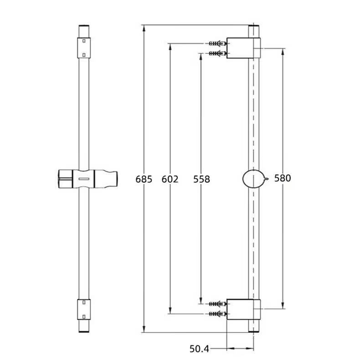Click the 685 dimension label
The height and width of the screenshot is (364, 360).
[144, 179]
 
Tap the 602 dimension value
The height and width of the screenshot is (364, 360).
[170, 179]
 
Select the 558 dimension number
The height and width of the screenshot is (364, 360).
[201, 179]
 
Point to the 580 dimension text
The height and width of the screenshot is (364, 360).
[283, 178]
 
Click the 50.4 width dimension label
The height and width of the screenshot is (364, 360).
[199, 349]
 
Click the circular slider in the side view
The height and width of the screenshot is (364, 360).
[253, 179]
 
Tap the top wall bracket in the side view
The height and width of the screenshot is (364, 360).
[243, 48]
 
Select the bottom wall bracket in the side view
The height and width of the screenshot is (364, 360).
[243, 309]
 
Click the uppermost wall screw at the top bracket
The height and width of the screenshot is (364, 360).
[218, 43]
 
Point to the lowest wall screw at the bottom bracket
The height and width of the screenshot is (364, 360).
[218, 314]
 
